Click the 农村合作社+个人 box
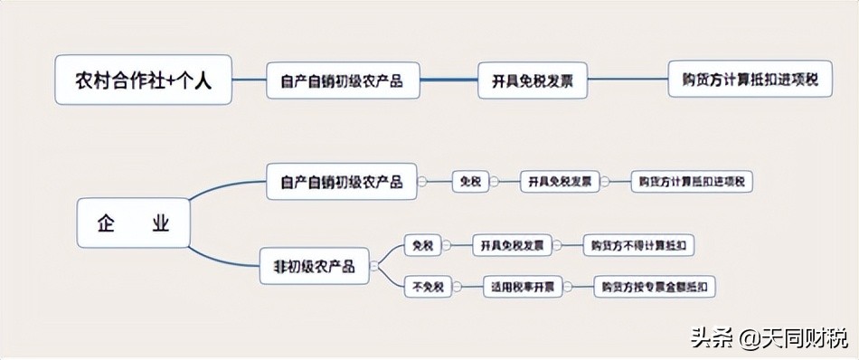click(x=143, y=80)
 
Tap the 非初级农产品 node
click(x=315, y=266)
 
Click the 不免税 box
click(x=428, y=288)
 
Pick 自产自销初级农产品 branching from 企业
click(x=342, y=181)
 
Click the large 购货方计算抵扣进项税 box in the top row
click(x=750, y=81)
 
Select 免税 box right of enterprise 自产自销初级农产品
click(x=470, y=181)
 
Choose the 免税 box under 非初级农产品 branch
click(x=421, y=245)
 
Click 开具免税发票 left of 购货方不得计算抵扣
click(x=511, y=245)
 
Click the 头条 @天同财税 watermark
click(x=769, y=338)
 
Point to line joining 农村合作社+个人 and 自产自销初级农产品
click(x=249, y=81)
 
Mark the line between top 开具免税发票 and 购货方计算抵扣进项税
click(x=628, y=81)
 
